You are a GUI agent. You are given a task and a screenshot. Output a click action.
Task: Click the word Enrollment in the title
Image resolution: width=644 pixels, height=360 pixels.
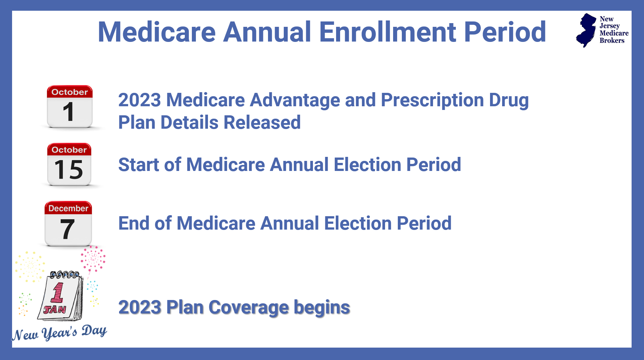tap(387, 32)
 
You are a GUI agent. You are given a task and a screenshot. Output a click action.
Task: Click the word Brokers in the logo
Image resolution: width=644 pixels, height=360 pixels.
tap(612, 41)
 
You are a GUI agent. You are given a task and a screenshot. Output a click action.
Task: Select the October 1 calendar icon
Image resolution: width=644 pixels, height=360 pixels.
tap(69, 107)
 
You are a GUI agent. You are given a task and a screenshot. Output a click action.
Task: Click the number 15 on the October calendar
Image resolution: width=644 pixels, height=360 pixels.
tap(69, 170)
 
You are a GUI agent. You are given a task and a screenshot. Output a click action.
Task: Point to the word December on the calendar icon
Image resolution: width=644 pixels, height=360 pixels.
tap(68, 208)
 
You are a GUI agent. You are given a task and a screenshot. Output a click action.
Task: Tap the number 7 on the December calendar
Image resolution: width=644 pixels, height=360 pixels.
tap(67, 229)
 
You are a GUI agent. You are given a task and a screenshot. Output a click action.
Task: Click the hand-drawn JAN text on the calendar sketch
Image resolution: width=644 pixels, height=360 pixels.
tap(55, 309)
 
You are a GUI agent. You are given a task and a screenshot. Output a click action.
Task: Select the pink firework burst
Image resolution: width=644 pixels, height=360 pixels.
tap(93, 259)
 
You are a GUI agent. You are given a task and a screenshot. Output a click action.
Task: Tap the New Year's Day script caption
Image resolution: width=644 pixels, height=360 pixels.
tap(60, 333)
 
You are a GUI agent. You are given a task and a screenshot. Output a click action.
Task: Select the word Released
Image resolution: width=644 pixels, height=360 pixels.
tap(262, 122)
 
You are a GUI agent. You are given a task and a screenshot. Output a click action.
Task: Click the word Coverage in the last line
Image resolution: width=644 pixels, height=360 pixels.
tap(248, 307)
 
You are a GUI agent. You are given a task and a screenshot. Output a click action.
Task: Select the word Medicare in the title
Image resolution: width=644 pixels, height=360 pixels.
tap(157, 32)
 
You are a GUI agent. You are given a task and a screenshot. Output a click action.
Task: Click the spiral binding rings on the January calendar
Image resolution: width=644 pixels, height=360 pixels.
tap(65, 275)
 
